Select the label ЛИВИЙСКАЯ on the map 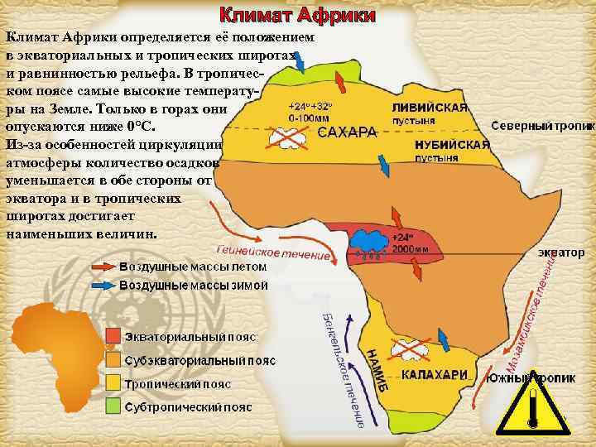[430, 108]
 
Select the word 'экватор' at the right [566, 250]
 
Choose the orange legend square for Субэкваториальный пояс [113, 361]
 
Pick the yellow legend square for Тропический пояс [113, 384]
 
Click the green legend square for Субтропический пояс [113, 408]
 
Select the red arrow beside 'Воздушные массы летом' [103, 267]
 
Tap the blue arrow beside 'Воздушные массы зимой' [103, 285]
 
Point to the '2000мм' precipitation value [411, 248]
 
